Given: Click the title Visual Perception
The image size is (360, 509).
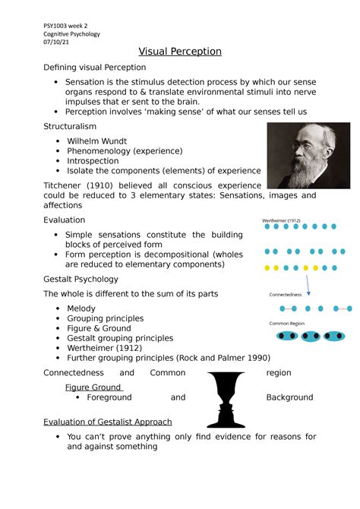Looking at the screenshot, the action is [x=180, y=52].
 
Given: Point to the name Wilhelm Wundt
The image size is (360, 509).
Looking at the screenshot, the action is [x=96, y=141].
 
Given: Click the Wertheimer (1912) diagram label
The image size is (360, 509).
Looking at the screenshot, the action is [x=282, y=220].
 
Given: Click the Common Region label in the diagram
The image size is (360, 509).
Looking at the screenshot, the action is [x=286, y=323].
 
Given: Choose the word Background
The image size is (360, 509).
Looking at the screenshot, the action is [x=289, y=397].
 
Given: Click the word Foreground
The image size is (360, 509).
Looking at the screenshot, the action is [x=109, y=397].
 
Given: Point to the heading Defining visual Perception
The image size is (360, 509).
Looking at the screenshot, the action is [x=94, y=68].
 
